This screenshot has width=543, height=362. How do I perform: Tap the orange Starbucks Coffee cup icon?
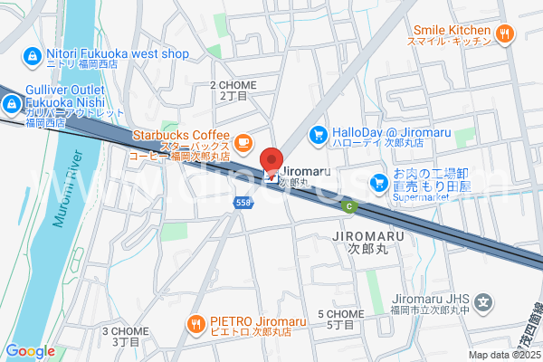click(x=243, y=142)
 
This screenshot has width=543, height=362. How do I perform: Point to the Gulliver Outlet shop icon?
click(x=13, y=106)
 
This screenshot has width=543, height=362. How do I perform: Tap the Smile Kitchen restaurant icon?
click(x=505, y=34)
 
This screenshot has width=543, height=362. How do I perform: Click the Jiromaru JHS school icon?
click(x=485, y=302)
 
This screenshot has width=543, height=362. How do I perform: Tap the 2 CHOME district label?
click(x=233, y=90)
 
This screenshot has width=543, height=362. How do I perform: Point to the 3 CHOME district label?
click(x=127, y=337)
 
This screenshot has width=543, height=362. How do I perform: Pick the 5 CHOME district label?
click(x=341, y=319)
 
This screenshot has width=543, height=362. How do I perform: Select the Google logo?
click(x=30, y=351)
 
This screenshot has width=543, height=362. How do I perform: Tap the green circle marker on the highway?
click(x=348, y=206)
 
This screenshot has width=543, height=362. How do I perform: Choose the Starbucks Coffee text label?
click(x=181, y=135)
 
